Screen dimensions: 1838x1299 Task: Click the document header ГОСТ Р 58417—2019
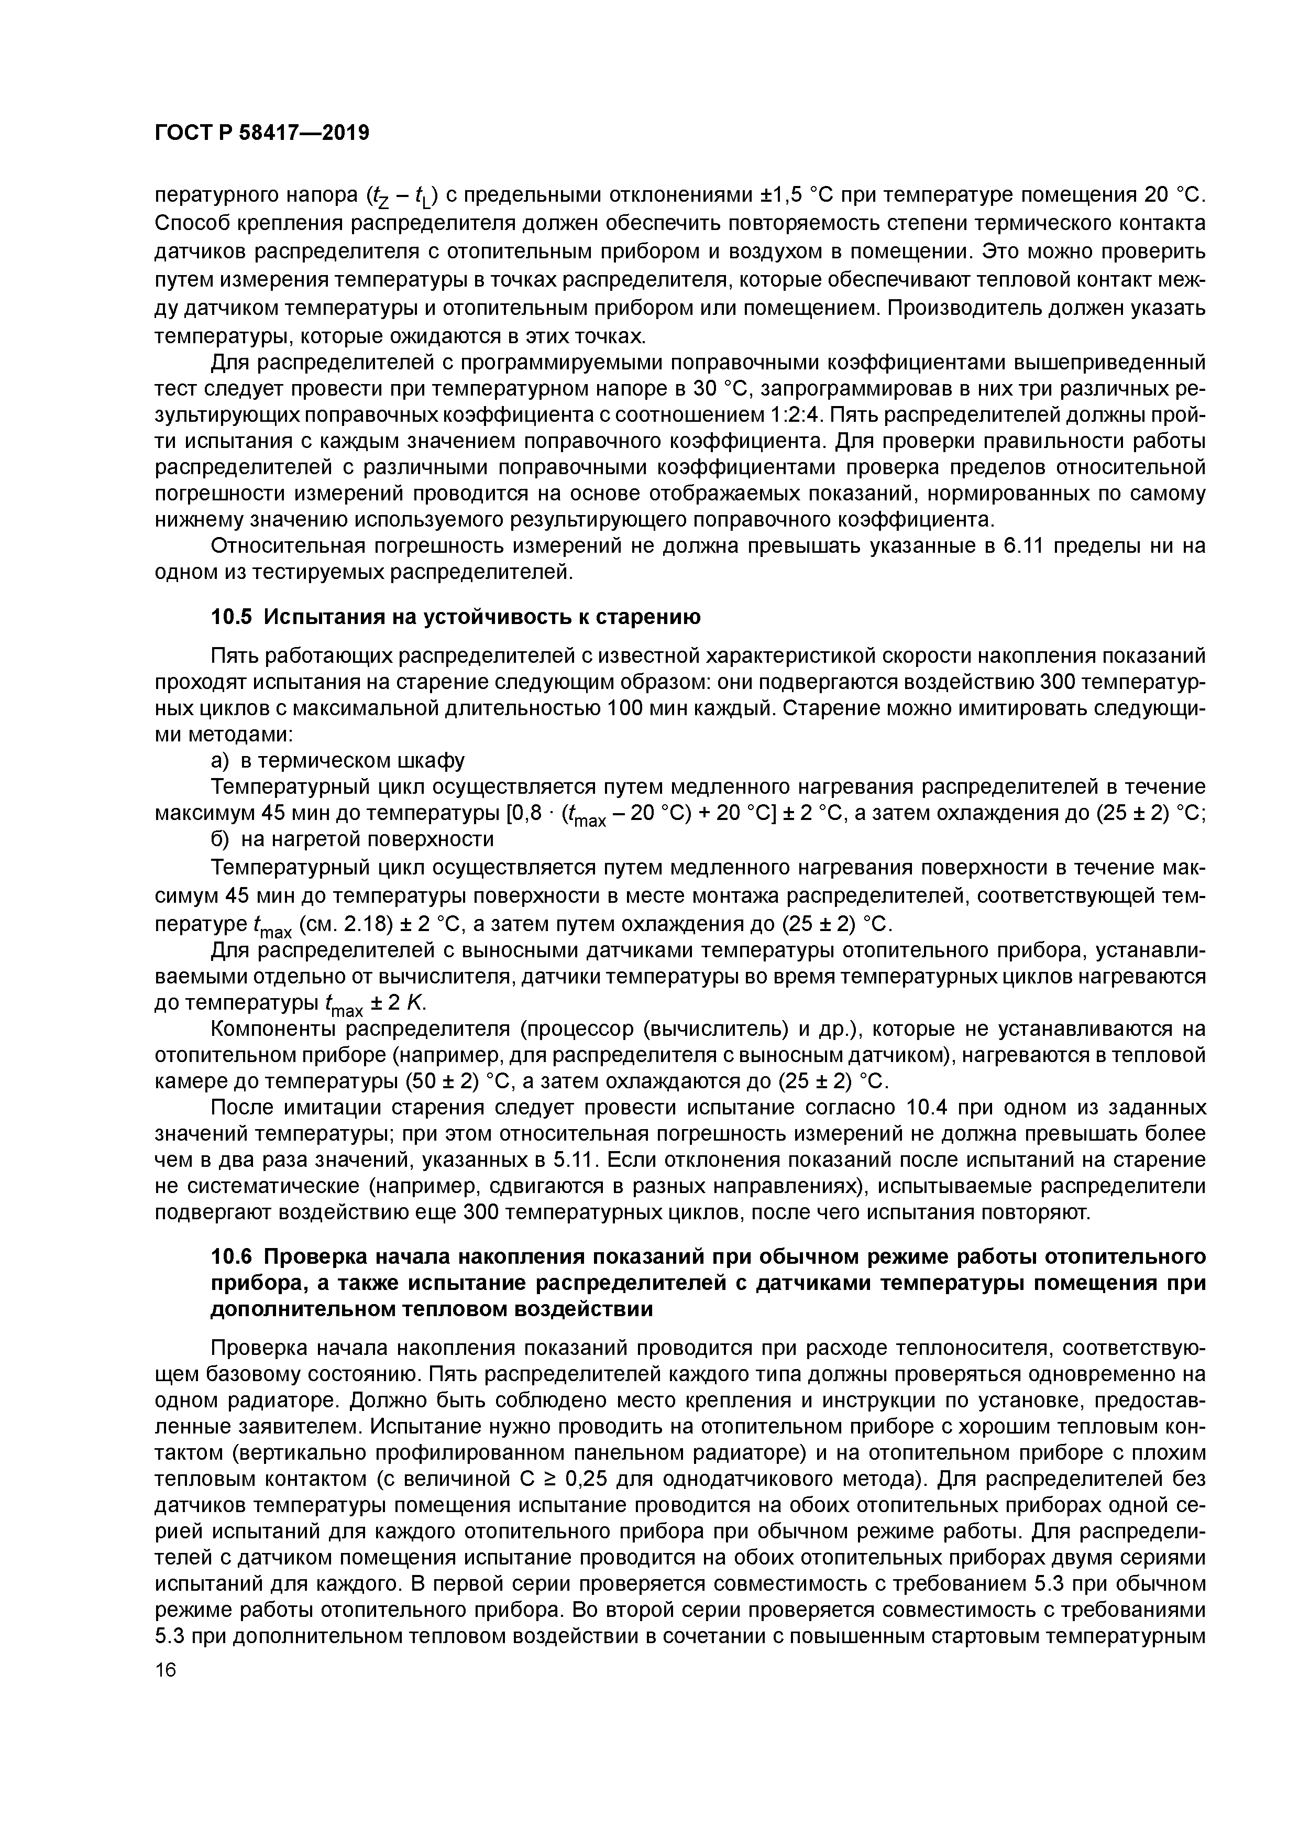[x=262, y=133]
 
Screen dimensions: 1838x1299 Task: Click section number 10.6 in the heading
[x=232, y=1257]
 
